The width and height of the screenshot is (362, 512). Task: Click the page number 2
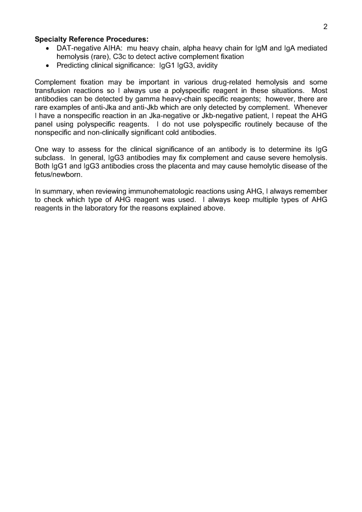tap(325, 27)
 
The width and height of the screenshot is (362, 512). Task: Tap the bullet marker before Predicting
tap(46, 65)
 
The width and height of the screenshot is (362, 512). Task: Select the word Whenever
tap(310, 107)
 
